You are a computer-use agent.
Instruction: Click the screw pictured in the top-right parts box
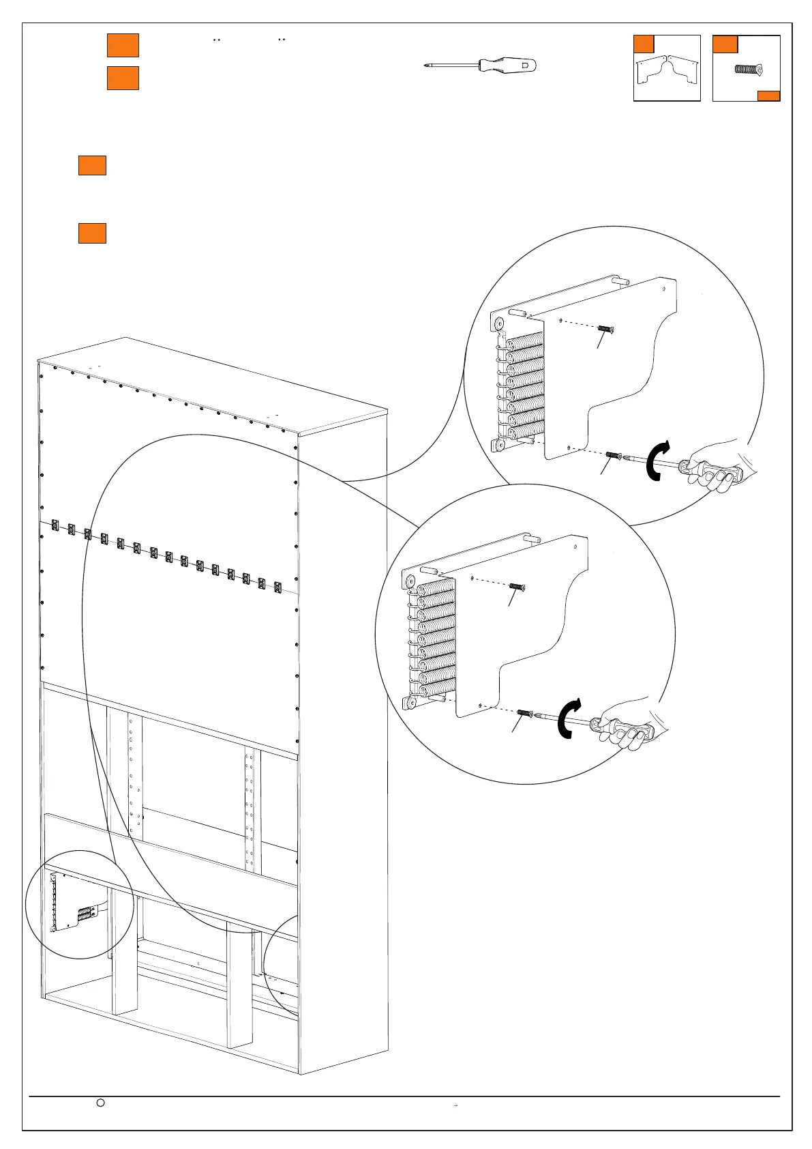tap(748, 69)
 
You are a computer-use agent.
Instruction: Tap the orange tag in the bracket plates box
tap(644, 44)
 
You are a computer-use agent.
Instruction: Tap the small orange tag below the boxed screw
tap(768, 96)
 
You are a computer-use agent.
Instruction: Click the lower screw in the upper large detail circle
tap(612, 455)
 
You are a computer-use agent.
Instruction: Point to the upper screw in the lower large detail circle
tap(517, 586)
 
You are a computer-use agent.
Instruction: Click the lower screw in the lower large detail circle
tap(524, 713)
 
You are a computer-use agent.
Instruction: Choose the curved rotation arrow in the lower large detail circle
tap(568, 719)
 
